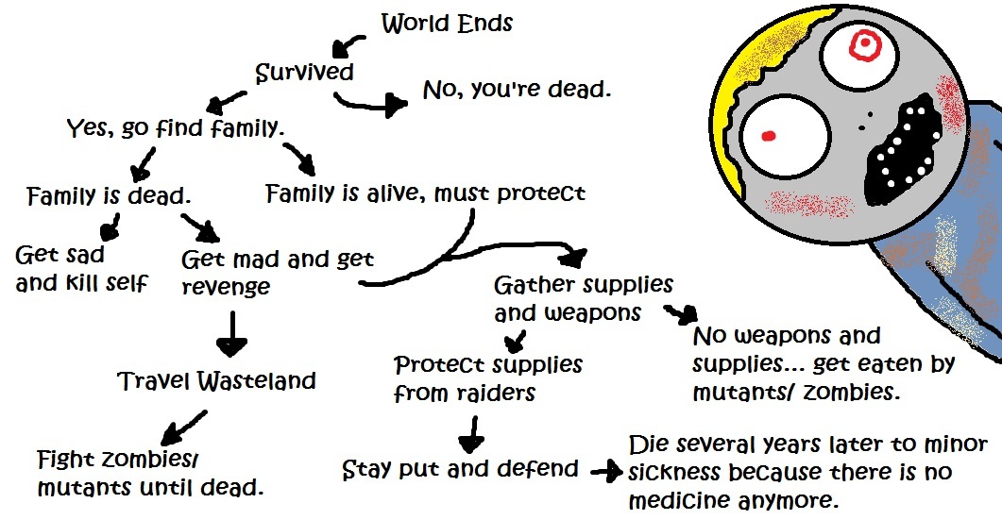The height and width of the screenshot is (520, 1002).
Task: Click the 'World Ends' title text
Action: click(x=447, y=24)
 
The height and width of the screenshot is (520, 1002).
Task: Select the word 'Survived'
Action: click(x=305, y=73)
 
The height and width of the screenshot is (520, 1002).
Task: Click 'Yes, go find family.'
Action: click(x=175, y=127)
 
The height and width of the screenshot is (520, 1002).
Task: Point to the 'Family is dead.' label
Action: click(x=109, y=197)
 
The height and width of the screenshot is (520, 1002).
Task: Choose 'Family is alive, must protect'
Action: click(x=426, y=193)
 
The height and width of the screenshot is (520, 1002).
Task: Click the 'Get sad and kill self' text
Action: click(x=80, y=268)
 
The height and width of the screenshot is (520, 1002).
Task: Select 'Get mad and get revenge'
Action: click(x=277, y=272)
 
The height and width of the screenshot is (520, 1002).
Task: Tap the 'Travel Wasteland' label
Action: click(x=217, y=381)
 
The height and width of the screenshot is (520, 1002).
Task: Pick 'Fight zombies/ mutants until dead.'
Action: click(x=149, y=475)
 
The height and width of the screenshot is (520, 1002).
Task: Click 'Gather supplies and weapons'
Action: click(x=583, y=298)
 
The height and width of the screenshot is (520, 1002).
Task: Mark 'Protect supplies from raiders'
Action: click(x=487, y=377)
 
